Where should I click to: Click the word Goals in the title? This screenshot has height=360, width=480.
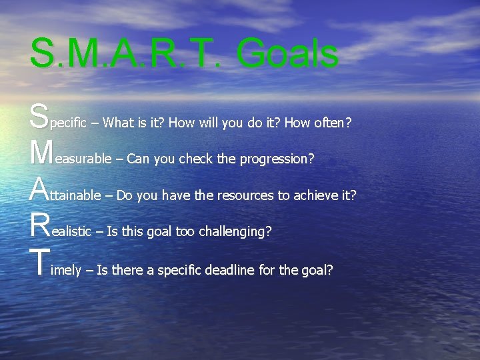click(287, 53)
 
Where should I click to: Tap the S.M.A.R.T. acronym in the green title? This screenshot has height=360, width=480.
click(127, 53)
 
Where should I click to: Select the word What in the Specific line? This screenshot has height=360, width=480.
click(119, 123)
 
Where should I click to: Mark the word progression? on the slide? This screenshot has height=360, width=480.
click(277, 160)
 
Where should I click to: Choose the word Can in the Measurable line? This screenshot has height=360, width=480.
click(137, 159)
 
